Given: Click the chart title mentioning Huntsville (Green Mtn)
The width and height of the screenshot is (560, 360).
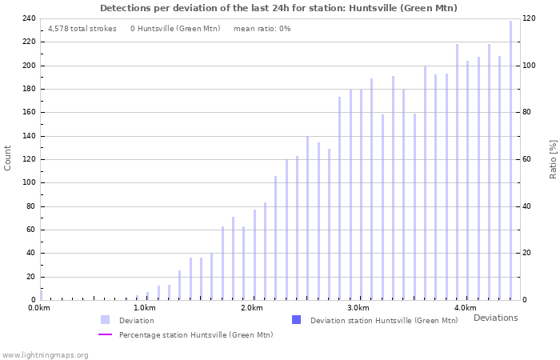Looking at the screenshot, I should coord(278,8).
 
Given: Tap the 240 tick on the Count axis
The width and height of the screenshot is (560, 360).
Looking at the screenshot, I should coord(29,18).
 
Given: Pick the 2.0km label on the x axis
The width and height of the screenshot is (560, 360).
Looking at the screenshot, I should coord(251,308).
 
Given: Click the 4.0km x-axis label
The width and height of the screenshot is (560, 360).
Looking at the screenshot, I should coord(465,308).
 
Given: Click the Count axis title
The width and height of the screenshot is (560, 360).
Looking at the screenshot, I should coord(8,158).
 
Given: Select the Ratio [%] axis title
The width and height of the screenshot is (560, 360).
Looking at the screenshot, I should coord(553,158).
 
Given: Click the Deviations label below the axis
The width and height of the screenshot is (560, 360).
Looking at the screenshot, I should coord(495,318).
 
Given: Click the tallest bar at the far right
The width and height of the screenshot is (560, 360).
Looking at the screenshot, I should coord(510,160).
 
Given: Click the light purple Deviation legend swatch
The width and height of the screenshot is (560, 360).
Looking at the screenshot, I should coord(105,320).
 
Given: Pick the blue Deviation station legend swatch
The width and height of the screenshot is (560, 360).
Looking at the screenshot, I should coord(296,320).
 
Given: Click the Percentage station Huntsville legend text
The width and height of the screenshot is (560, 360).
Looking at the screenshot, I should coord(196,334).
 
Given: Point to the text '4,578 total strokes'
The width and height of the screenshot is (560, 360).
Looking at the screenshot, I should coord(82,28).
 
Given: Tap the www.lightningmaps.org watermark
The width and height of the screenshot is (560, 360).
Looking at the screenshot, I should coord(46,354).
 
